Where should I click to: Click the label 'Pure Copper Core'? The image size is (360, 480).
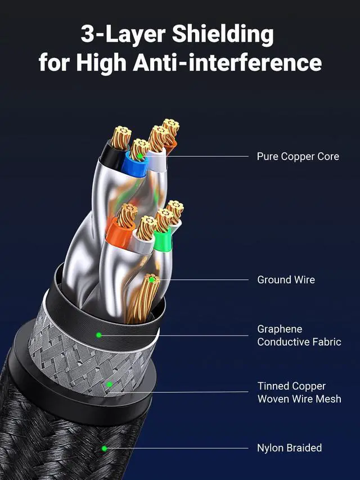(x=298, y=156)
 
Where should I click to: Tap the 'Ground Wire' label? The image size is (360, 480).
(x=286, y=279)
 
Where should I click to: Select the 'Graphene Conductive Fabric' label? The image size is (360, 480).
(x=299, y=336)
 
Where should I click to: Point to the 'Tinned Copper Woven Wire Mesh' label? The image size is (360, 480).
(x=299, y=392)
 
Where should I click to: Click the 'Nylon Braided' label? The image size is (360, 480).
(x=289, y=448)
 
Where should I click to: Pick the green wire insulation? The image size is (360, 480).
(x=163, y=241)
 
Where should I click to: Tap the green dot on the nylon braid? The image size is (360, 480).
(x=104, y=448)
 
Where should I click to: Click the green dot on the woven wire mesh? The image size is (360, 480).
(x=110, y=384)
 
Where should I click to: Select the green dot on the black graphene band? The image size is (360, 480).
(x=98, y=334)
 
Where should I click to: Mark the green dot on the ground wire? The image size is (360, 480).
(x=151, y=279)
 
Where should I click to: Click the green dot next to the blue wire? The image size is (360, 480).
(x=138, y=156)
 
